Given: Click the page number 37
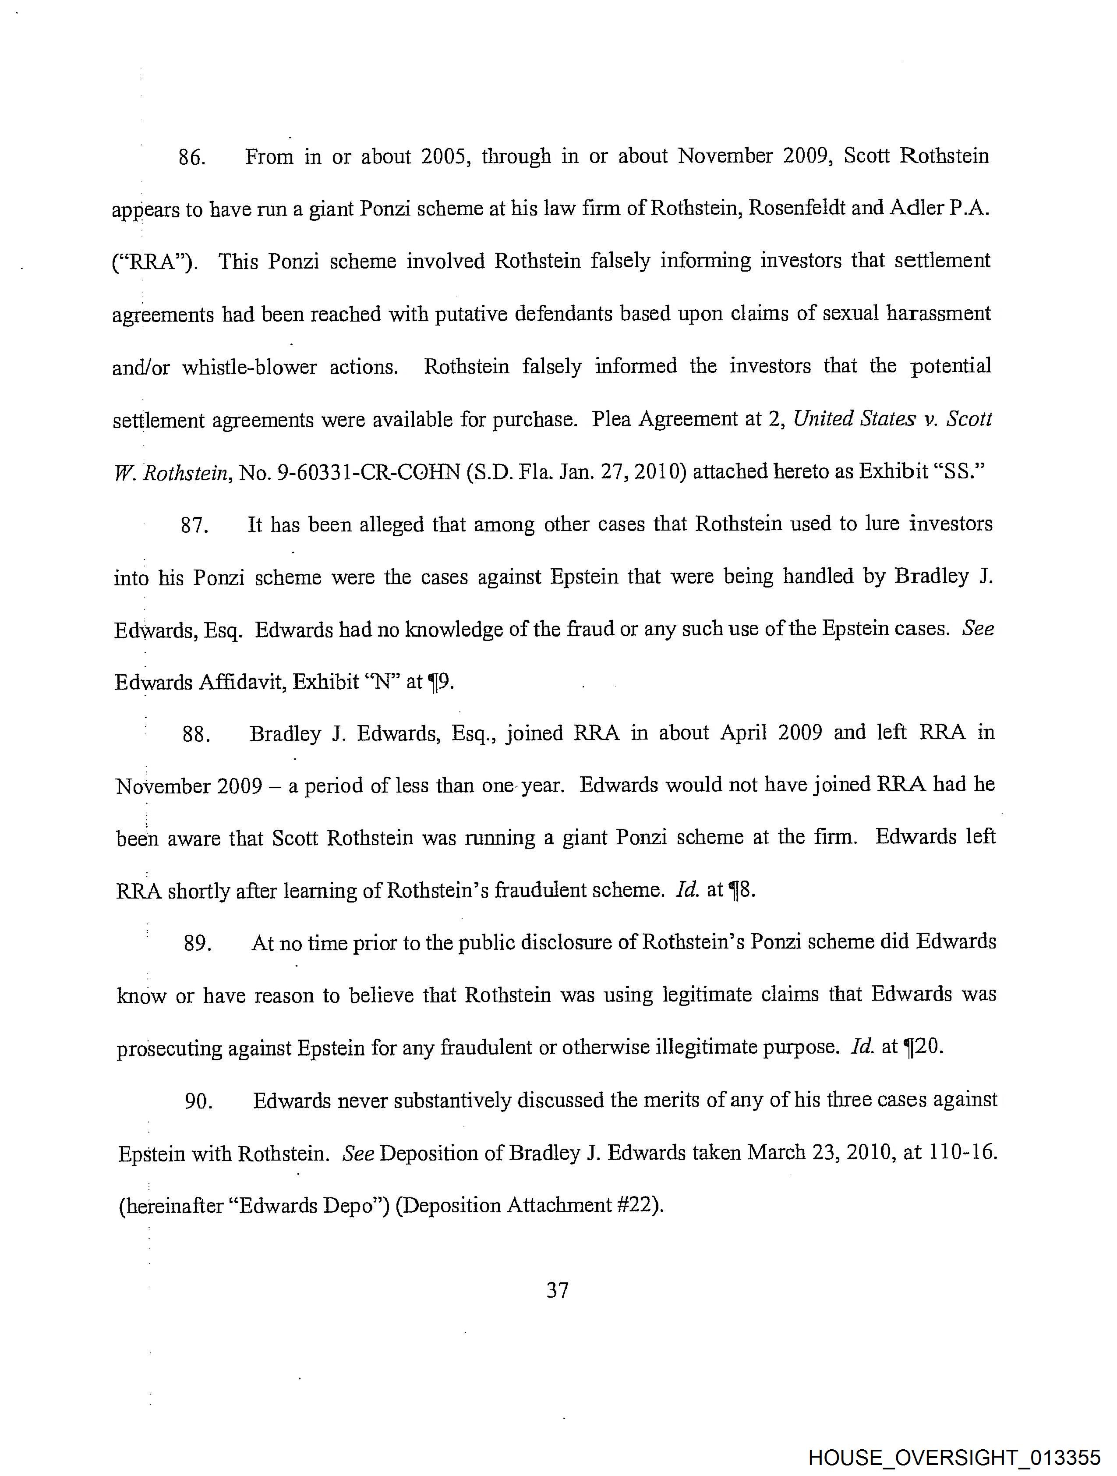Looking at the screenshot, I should [x=557, y=1291].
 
